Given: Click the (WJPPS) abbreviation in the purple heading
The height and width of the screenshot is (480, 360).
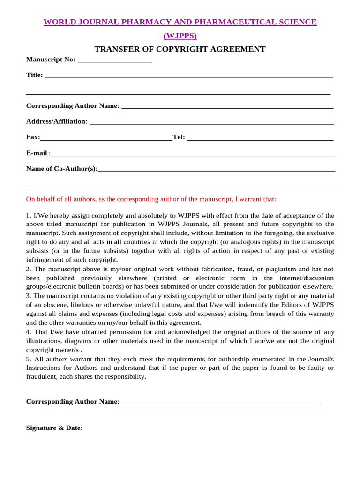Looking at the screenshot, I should coord(180,36).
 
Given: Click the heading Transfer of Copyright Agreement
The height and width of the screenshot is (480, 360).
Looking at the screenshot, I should coord(180,49).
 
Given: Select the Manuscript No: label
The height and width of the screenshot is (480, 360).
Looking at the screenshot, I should coord(51,60).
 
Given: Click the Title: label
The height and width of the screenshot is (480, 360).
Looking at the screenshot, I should coord(35,75).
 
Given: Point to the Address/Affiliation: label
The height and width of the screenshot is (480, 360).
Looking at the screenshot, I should coord(57,121).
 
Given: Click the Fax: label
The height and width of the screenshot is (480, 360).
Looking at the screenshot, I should coord(33,137).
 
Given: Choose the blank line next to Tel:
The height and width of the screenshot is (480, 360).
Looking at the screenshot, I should coord(260,138).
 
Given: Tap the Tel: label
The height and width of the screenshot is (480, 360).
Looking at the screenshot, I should coord(179,137).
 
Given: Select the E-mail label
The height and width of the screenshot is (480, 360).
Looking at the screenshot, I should coord(37,153).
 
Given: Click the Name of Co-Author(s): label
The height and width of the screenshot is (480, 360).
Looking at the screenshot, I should coord(62,169).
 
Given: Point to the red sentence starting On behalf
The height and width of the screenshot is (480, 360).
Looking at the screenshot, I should coord(151,199).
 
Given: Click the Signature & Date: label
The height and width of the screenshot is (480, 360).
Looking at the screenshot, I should coord(54,428).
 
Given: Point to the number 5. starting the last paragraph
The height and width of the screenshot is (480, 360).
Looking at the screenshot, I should coord(29,359).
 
